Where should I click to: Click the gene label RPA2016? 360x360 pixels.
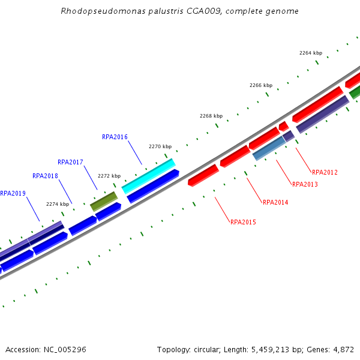[115, 137]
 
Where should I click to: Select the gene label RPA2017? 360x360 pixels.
[70, 162]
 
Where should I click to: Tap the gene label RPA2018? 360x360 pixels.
[45, 176]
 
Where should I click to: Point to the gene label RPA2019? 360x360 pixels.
[13, 193]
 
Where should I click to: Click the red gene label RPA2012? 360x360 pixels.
[325, 172]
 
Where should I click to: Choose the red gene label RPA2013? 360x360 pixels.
[305, 184]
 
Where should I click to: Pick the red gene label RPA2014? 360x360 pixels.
[275, 202]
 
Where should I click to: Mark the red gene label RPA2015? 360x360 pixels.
[243, 222]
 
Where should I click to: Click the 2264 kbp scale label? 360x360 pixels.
[311, 53]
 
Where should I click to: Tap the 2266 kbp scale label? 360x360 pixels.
[261, 85]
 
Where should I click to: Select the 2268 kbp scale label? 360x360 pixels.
[211, 116]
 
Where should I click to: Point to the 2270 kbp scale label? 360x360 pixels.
[160, 146]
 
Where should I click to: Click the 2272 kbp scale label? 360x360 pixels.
[109, 176]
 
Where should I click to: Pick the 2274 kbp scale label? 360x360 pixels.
[58, 204]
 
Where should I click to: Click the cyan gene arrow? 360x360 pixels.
[148, 176]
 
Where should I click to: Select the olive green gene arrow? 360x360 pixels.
[104, 201]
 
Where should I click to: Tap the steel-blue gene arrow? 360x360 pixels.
[269, 148]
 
